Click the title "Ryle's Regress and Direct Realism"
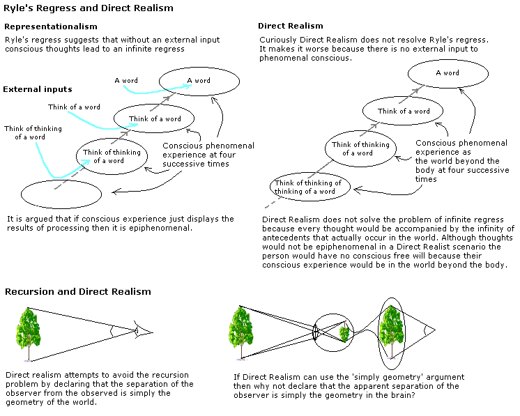(x=89, y=8)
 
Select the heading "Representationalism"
(x=51, y=26)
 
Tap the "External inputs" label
(x=38, y=89)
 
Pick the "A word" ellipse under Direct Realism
(x=448, y=73)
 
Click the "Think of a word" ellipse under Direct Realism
(x=404, y=111)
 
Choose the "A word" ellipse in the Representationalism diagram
(x=199, y=81)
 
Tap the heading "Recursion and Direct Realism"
(x=78, y=291)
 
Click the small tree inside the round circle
(x=344, y=333)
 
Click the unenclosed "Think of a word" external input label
(x=74, y=107)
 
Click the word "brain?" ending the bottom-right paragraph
(x=402, y=395)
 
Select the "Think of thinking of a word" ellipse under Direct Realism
(x=360, y=148)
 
